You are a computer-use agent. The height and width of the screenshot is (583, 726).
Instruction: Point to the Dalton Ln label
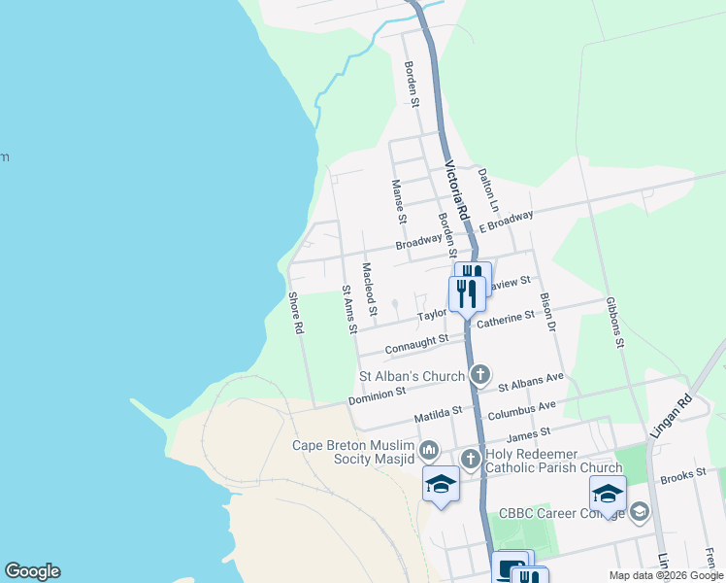pyautogui.click(x=487, y=190)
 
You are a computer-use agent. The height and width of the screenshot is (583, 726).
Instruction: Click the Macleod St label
pyautogui.click(x=368, y=289)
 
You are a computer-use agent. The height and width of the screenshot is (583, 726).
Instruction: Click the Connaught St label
pyautogui.click(x=416, y=342)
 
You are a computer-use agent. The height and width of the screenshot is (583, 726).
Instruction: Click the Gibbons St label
pyautogui.click(x=612, y=323)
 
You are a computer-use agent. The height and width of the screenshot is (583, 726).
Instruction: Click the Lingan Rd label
pyautogui.click(x=684, y=414)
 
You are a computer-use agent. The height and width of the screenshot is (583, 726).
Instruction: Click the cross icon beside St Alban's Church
pyautogui.click(x=479, y=375)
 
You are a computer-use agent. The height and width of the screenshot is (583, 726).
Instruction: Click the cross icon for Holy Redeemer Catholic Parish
pyautogui.click(x=470, y=458)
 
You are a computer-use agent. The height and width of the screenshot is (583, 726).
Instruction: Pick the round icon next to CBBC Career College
pyautogui.click(x=639, y=511)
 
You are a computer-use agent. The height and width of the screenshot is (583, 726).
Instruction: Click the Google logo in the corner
pyautogui.click(x=32, y=571)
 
